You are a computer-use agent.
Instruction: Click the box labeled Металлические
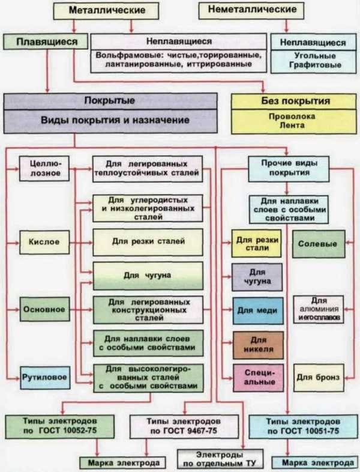point(106,11)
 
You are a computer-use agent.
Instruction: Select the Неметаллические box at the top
point(251,10)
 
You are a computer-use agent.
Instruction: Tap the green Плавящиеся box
point(46,41)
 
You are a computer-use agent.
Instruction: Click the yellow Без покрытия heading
point(293,101)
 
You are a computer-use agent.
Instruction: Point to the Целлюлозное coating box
point(44,168)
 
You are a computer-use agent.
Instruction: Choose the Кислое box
point(44,242)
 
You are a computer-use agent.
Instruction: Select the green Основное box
point(45,309)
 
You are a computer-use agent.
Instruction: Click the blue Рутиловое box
point(45,378)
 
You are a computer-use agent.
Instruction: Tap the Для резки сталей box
point(148,242)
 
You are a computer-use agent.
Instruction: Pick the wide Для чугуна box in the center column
point(148,276)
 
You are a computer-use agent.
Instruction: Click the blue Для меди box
point(258,310)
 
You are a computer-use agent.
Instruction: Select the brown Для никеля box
point(259,345)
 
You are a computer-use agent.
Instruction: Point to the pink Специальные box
point(259,378)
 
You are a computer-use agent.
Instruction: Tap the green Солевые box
point(319,244)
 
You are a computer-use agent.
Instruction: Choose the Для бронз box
point(319,378)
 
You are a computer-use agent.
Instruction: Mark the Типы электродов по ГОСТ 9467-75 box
point(184,426)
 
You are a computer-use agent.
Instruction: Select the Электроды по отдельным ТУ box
point(220,459)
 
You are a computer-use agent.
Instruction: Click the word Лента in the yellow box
point(292,126)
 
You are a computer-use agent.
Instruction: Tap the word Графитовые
point(315,65)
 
